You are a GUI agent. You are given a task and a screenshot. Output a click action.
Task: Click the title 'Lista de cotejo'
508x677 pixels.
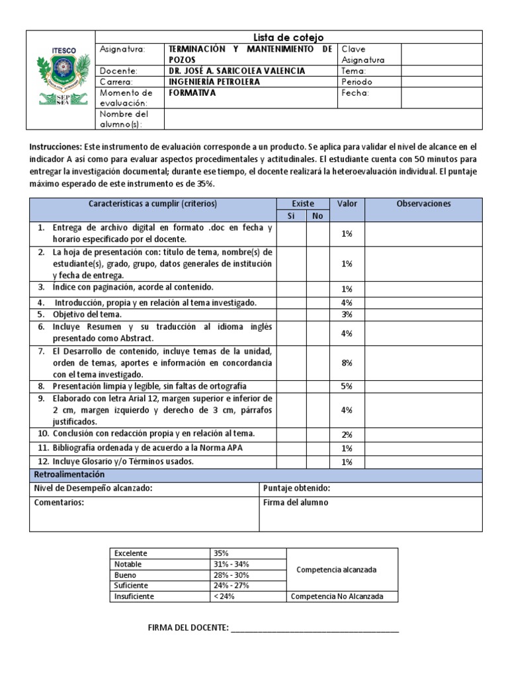[289, 38]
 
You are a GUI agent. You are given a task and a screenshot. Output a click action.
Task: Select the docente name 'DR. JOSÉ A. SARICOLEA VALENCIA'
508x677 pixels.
[237, 71]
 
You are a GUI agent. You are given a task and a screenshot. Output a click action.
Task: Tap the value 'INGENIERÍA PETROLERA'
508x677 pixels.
[215, 82]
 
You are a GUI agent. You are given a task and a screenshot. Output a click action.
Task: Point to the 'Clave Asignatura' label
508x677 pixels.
[363, 54]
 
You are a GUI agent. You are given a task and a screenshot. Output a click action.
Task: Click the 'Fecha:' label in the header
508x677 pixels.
[355, 93]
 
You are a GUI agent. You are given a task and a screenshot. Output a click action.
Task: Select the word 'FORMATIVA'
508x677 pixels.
[192, 93]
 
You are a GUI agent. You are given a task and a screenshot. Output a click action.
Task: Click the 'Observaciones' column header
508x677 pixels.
[423, 204]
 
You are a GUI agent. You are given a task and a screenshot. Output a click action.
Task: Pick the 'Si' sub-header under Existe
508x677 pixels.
[290, 216]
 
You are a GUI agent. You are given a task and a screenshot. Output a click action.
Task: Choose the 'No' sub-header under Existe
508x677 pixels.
[317, 216]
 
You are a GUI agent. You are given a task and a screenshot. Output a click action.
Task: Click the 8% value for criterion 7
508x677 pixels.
[347, 363]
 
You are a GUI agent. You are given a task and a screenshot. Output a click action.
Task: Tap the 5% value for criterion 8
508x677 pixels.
[347, 386]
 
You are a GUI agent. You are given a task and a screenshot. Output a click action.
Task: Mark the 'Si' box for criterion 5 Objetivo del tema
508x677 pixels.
[290, 315]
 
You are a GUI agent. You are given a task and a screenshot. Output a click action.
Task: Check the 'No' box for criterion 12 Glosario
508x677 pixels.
[317, 462]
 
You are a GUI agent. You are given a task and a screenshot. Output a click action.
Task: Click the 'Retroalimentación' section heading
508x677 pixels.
[69, 475]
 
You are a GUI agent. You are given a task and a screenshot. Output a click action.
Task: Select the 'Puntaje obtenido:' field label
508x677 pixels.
[296, 489]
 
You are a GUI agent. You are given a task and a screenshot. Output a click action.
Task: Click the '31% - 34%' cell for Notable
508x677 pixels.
[231, 564]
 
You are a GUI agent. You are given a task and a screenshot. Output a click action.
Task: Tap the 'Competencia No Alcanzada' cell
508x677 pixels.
[342, 596]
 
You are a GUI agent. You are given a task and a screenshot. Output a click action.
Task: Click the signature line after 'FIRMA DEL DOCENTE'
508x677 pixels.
[316, 627]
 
